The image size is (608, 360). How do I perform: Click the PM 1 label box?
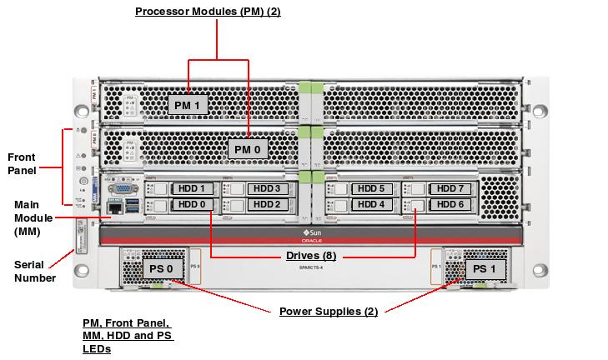pos(188,105)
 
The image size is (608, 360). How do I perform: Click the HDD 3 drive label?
pos(266,189)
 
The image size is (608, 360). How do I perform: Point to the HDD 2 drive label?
pos(266,204)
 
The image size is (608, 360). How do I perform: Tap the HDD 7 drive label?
pos(450,189)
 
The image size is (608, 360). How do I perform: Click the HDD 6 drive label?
pos(450,204)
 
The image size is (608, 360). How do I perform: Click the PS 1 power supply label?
pos(484,269)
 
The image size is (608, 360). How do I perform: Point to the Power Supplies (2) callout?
pos(329,312)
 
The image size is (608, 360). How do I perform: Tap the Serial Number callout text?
pos(35,271)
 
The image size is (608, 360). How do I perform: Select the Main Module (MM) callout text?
pos(33,218)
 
